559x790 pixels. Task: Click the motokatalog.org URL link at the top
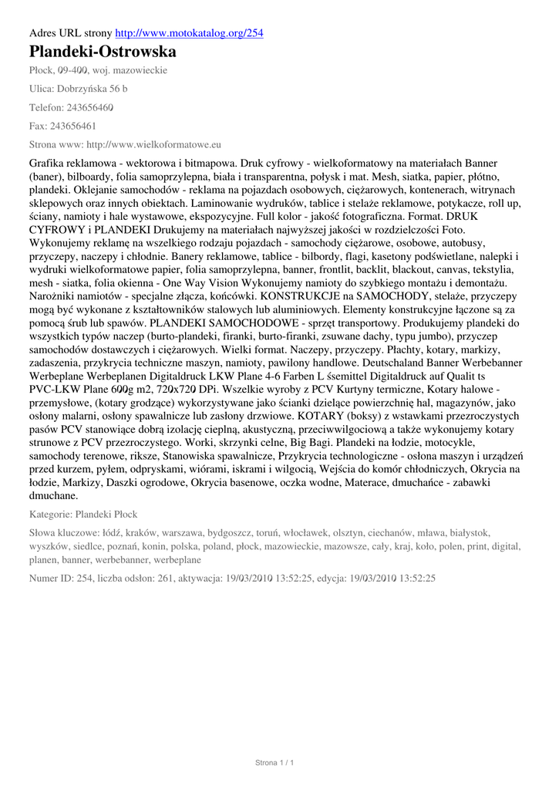(189, 33)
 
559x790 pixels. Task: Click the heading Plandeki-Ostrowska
(103, 52)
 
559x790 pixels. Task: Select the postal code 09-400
(75, 70)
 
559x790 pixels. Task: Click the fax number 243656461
(72, 126)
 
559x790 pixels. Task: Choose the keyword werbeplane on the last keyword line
(177, 560)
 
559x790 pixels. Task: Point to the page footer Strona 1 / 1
(275, 763)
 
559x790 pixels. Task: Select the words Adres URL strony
(70, 33)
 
